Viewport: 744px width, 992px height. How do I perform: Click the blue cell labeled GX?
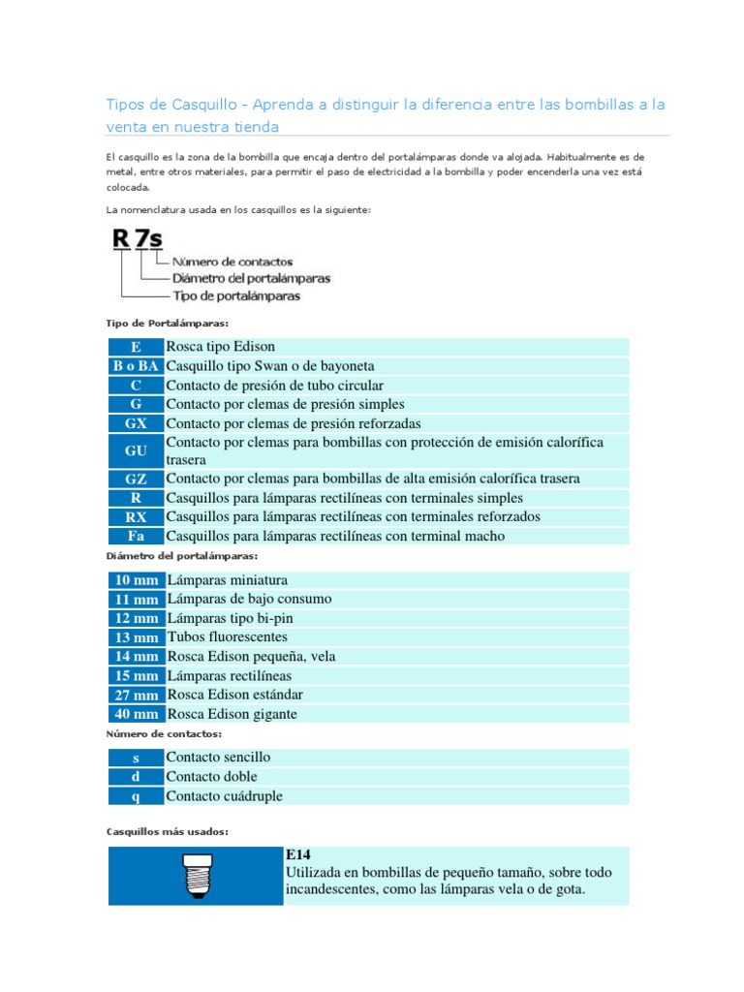136,423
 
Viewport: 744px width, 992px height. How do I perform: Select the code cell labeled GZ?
136,479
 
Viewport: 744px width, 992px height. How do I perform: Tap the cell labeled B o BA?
136,366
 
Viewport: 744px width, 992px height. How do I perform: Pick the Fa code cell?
136,536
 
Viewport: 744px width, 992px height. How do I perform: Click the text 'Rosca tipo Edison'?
221,347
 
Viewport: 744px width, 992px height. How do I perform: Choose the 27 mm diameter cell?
136,695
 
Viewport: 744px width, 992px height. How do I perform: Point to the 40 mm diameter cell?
136,714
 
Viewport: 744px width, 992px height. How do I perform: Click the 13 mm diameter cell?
136,637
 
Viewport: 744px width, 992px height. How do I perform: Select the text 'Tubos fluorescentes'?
228,637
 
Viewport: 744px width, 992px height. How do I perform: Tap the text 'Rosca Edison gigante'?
232,714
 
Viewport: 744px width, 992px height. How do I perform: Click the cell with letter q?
136,796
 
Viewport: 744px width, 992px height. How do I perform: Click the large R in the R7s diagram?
122,239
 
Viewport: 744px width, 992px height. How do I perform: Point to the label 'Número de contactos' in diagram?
232,262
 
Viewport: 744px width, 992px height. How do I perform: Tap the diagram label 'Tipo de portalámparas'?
235,295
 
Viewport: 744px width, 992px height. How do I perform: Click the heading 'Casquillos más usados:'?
167,831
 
